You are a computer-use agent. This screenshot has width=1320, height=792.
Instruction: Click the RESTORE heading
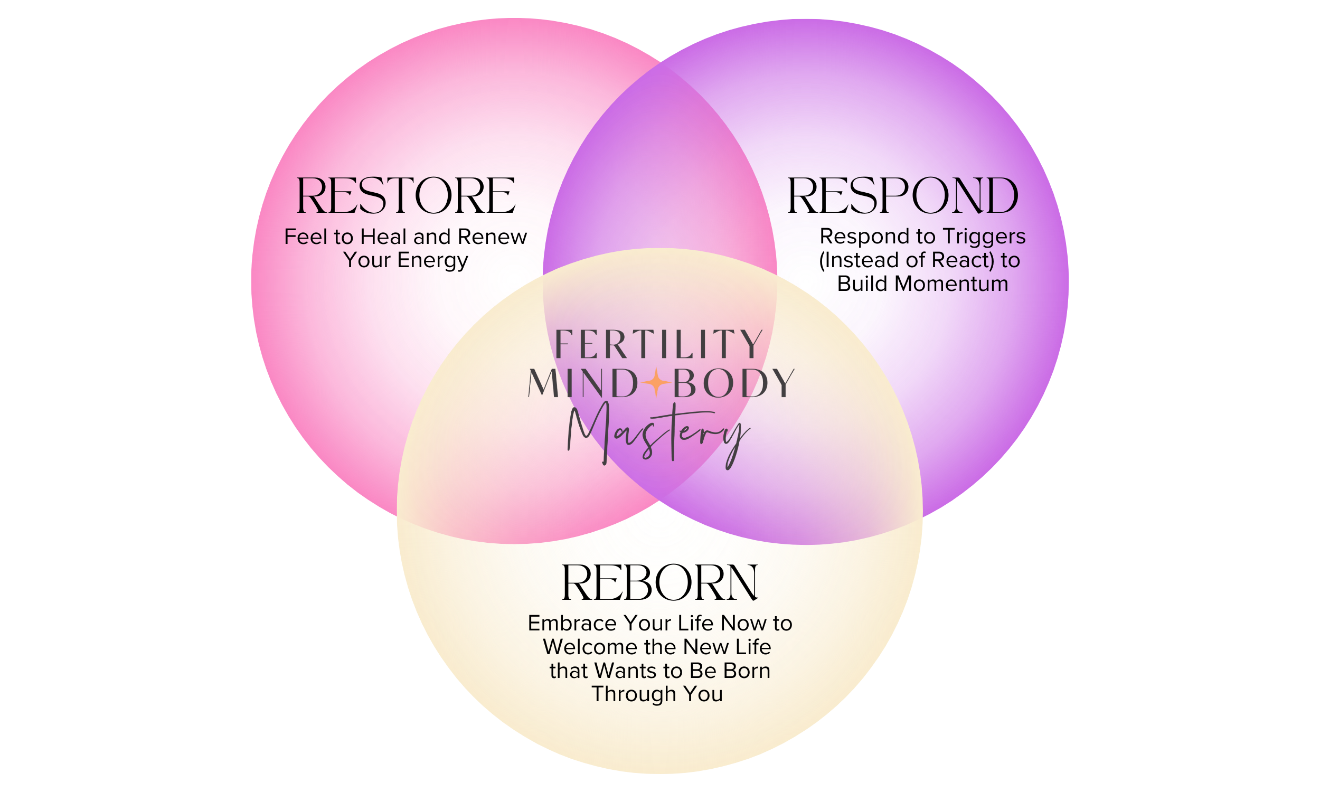pos(406,196)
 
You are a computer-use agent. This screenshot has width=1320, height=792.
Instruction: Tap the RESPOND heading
pos(903,196)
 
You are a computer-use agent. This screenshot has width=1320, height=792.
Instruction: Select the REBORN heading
pos(659,583)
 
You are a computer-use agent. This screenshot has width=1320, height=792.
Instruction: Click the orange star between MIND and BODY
pos(656,382)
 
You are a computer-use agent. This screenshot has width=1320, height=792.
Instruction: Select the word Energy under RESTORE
pos(432,260)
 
